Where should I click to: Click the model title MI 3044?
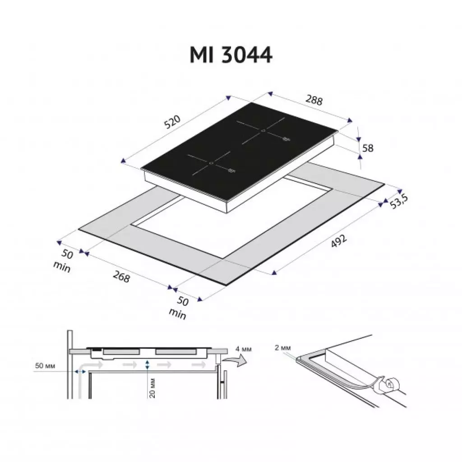pos(231,55)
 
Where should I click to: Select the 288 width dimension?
pos(314,100)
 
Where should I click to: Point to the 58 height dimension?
pos(368,148)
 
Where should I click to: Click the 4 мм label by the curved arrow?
pos(244,349)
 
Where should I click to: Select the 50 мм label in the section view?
pos(45,365)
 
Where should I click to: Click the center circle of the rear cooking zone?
pos(263,130)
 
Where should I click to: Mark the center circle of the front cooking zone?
pos(210,162)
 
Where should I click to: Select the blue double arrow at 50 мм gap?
pos(81,371)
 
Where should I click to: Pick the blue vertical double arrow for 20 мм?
pos(148,365)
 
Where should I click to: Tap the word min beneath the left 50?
pos(62,267)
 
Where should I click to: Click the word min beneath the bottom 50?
pos(177,314)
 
